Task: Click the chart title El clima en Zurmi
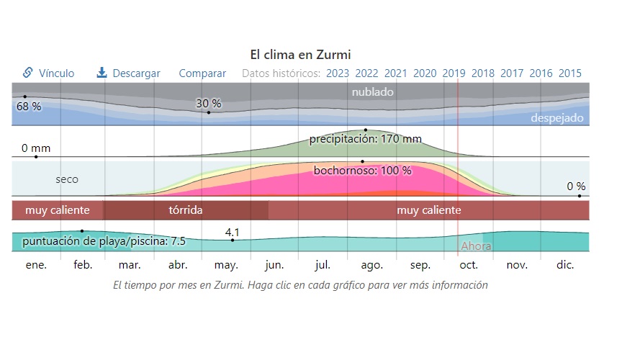(x=300, y=54)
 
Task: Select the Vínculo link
(x=49, y=73)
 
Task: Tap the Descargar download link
(x=129, y=73)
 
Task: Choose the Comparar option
(x=202, y=73)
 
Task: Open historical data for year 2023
(x=338, y=73)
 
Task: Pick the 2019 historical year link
(x=454, y=73)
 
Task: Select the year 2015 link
(x=570, y=73)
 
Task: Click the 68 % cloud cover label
(x=29, y=107)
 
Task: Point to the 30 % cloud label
(x=208, y=103)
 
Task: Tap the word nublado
(x=372, y=92)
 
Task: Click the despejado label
(x=557, y=118)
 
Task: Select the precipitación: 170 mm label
(x=365, y=139)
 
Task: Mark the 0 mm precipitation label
(x=36, y=148)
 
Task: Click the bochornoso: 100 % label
(x=362, y=171)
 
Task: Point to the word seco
(x=67, y=179)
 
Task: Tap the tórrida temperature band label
(x=186, y=210)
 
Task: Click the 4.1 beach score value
(x=232, y=232)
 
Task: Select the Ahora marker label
(x=476, y=246)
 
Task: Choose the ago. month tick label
(x=371, y=265)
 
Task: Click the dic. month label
(x=565, y=265)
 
